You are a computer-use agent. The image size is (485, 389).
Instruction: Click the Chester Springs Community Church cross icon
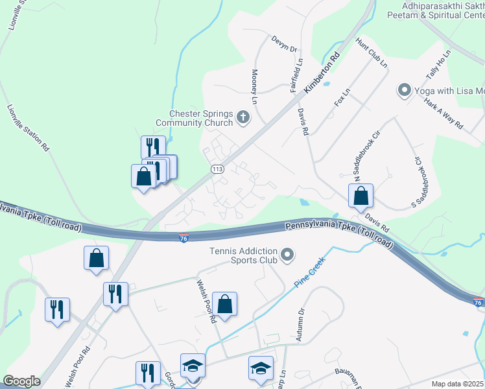pos(243,117)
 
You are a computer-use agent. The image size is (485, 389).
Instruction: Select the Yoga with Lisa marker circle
pos(405,91)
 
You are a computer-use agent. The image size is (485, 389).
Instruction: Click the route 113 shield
pos(217,169)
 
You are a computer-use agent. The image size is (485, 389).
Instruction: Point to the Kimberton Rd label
pos(322,71)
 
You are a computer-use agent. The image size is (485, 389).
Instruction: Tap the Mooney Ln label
pos(255,87)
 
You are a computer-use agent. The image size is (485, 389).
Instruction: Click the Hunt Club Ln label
pos(371,53)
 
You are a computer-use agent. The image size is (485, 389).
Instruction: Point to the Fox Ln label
pos(341,98)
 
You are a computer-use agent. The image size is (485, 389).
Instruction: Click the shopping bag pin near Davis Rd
pos(360,194)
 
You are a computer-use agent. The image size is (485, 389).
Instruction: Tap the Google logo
pos(22,381)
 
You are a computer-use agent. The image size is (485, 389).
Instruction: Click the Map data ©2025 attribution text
pos(456,384)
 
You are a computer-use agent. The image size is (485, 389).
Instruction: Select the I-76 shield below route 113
pos(184,239)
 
